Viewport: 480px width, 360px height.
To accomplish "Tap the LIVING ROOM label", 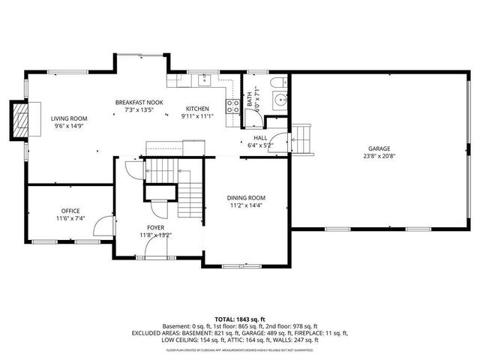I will [x=69, y=118].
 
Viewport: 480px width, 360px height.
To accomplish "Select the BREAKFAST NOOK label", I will [x=139, y=102].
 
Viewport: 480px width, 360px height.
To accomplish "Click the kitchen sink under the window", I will [x=202, y=79].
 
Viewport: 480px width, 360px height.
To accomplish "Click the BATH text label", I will [x=250, y=98].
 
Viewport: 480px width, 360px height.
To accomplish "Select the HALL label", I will [x=260, y=138].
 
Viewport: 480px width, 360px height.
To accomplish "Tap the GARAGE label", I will [x=379, y=148].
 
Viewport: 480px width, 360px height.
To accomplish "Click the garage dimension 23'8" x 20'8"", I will [x=379, y=156].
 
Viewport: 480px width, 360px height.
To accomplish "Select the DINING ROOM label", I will [x=247, y=198].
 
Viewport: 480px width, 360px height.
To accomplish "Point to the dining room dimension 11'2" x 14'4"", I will [x=247, y=205].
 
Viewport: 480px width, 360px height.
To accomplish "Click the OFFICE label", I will [x=70, y=211].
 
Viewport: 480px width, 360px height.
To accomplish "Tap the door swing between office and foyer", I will [x=109, y=226].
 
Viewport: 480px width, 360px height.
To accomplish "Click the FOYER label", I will [x=156, y=227].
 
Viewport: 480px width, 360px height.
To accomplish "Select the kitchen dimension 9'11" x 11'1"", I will [x=197, y=116].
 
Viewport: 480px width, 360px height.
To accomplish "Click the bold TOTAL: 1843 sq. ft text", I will [x=239, y=319].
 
